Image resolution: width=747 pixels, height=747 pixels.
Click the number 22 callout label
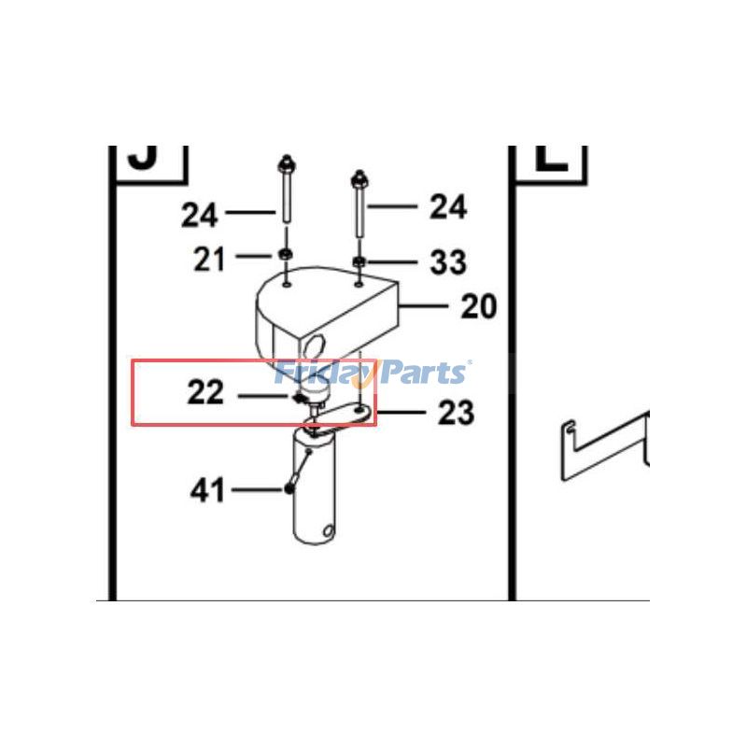click(205, 393)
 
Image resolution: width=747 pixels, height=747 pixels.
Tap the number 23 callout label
click(456, 412)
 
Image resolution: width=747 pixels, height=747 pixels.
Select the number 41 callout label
click(208, 489)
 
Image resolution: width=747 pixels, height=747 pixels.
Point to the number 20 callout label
click(479, 305)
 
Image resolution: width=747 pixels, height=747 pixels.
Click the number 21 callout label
click(209, 259)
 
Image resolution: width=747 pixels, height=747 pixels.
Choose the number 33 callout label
click(448, 262)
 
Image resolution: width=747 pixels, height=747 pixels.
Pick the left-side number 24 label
click(200, 215)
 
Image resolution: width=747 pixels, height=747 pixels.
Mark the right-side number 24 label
click(448, 206)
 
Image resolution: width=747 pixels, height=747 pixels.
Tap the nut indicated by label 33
click(360, 260)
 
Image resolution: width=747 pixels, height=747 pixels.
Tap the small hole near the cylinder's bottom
click(328, 533)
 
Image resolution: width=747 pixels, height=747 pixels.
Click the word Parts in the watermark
click(420, 373)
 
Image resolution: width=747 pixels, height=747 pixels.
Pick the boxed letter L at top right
click(553, 157)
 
